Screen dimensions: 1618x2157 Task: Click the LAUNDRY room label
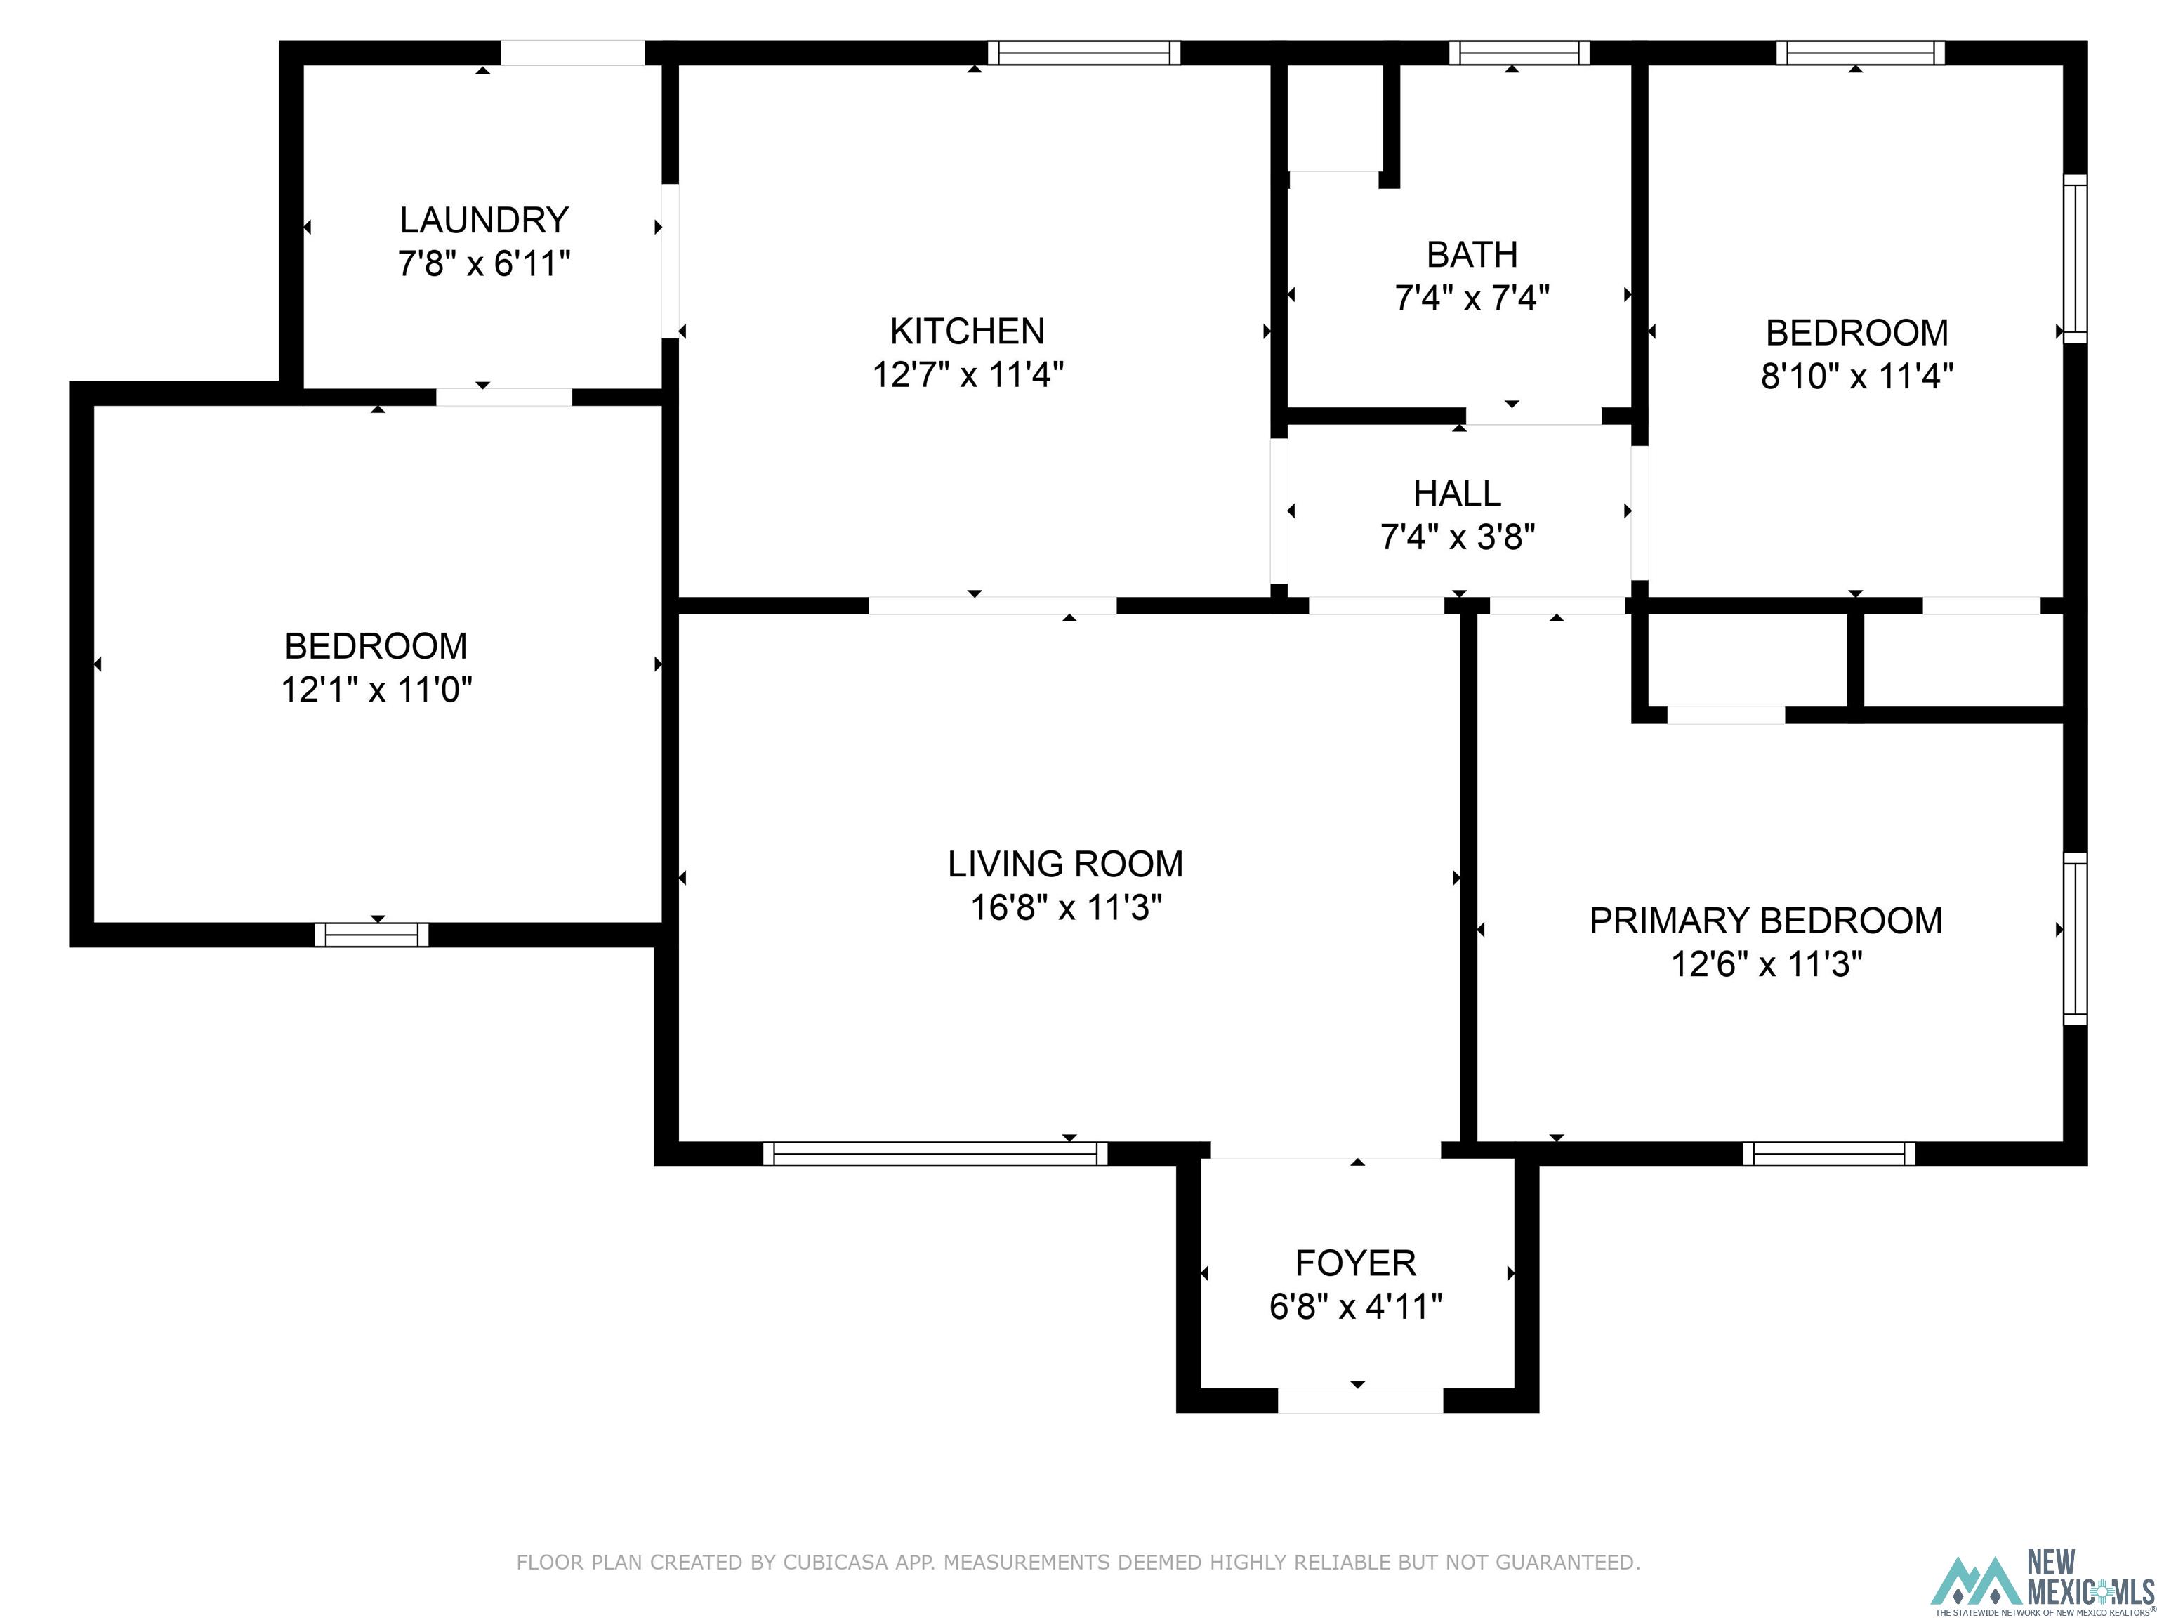point(484,221)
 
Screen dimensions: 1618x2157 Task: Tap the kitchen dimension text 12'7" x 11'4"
point(968,374)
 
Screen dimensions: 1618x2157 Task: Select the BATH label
point(1472,254)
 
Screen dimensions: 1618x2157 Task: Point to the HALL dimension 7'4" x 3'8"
point(1457,537)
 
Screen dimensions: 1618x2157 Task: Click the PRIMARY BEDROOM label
point(1765,921)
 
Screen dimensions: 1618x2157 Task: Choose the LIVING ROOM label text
point(1065,864)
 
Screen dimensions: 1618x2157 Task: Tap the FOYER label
point(1355,1263)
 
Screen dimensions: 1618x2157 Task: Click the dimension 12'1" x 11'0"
point(376,690)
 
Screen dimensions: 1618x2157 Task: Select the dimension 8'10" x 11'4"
point(1856,376)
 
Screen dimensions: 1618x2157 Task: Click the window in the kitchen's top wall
point(1083,53)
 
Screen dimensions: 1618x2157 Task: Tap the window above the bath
point(1518,53)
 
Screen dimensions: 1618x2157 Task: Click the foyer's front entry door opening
point(1359,1400)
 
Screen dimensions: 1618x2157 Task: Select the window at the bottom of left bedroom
point(371,934)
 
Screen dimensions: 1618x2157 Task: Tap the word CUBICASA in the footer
point(835,1563)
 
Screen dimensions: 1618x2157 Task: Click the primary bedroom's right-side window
point(2075,938)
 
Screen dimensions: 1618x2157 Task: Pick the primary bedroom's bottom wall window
point(1828,1154)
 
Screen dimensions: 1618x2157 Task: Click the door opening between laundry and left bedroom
point(503,397)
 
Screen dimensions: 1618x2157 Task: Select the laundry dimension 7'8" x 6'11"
point(484,263)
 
